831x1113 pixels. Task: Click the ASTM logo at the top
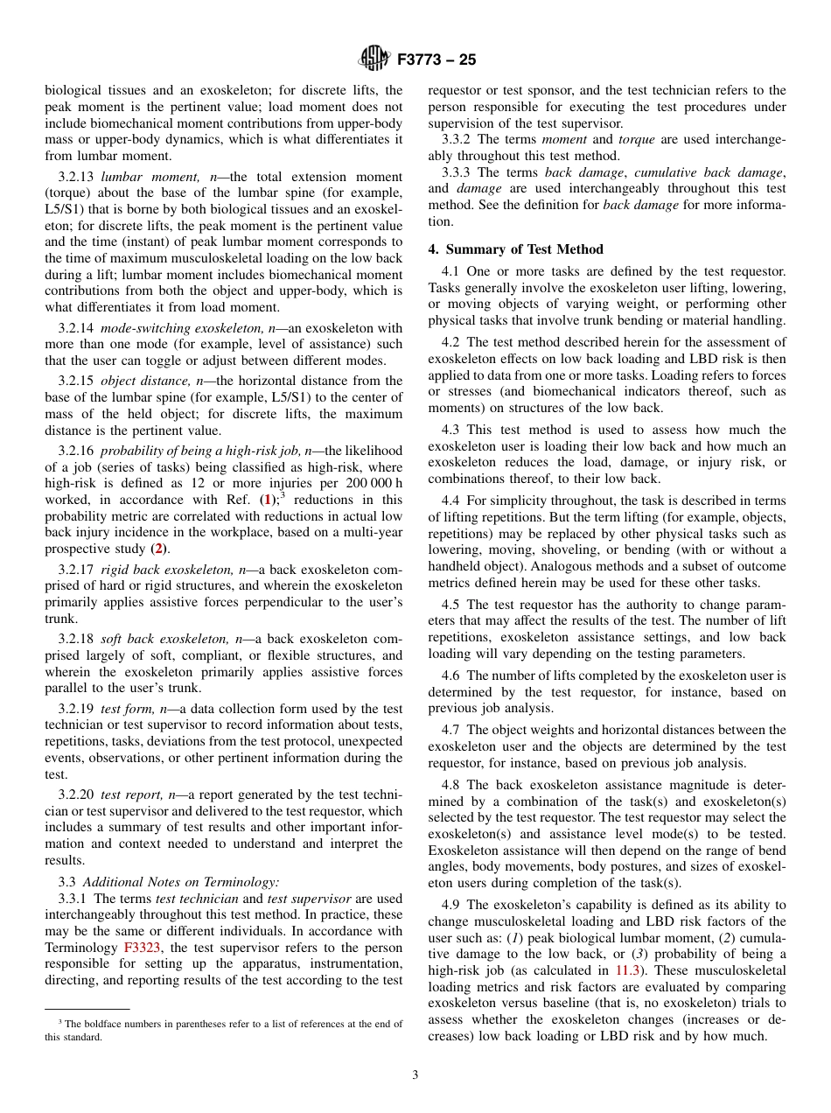374,59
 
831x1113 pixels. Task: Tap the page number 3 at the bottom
415,1075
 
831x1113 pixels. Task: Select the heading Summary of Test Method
515,249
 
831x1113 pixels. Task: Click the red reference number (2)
158,549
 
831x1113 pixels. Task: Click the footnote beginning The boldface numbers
223,1030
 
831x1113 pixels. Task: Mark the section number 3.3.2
460,139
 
